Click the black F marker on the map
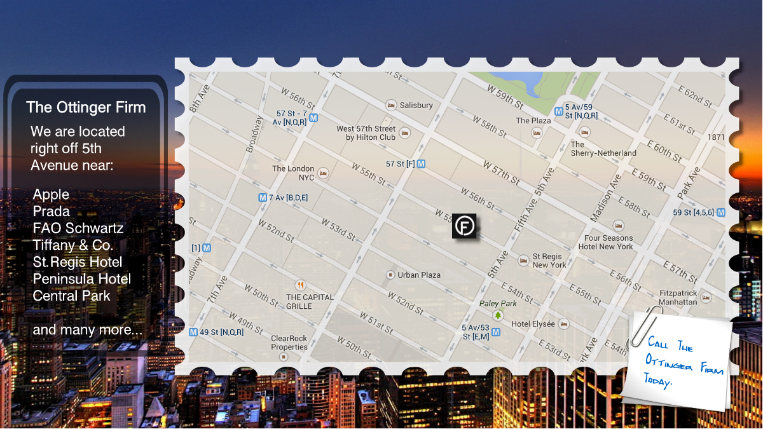click(x=464, y=227)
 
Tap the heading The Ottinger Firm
click(x=86, y=107)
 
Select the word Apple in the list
click(x=51, y=194)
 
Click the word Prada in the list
click(x=52, y=211)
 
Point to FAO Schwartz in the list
click(x=78, y=228)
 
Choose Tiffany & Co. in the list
click(x=73, y=245)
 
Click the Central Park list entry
click(x=72, y=296)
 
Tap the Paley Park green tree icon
click(x=498, y=315)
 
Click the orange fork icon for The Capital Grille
click(x=301, y=285)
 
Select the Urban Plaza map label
click(x=419, y=275)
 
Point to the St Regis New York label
click(x=549, y=261)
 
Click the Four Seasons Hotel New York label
click(x=608, y=242)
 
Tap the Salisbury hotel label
click(x=416, y=105)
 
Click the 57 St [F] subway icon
click(x=421, y=164)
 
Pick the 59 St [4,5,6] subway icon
click(x=720, y=212)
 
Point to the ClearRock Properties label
click(x=289, y=343)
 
